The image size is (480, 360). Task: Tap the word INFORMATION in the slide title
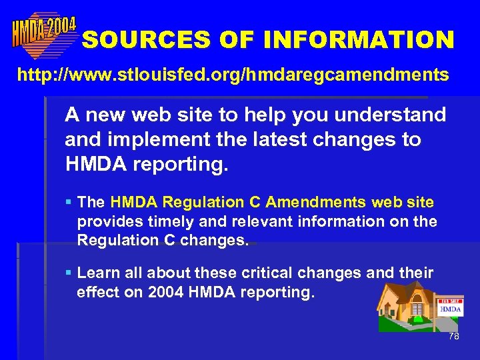tap(359, 40)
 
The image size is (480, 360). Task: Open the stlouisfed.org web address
tap(233, 75)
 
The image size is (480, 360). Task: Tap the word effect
tap(97, 292)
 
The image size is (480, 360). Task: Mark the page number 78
tap(453, 337)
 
